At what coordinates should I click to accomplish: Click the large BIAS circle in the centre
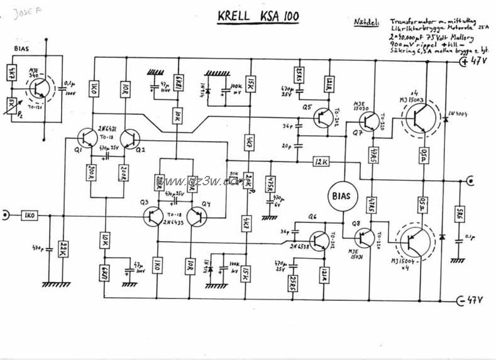pyautogui.click(x=342, y=196)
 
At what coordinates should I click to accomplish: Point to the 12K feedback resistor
pyautogui.click(x=321, y=162)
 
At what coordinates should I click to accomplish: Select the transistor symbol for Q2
pyautogui.click(x=131, y=138)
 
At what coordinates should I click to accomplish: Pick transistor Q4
pyautogui.click(x=197, y=217)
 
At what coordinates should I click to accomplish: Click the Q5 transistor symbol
pyautogui.click(x=323, y=117)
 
